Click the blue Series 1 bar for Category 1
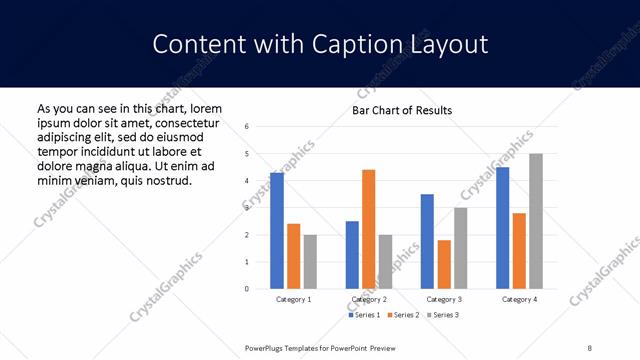[x=277, y=231]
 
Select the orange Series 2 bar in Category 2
[x=368, y=229]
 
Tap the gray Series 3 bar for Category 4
[x=536, y=221]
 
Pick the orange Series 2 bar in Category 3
[x=444, y=264]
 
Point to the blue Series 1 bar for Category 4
[x=502, y=228]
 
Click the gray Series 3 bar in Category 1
[x=311, y=262]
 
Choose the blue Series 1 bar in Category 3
[x=427, y=241]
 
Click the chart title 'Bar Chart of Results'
[x=402, y=110]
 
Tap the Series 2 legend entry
[x=402, y=315]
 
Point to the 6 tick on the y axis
[x=247, y=127]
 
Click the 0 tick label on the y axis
[x=247, y=289]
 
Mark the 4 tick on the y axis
[x=247, y=181]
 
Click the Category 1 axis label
[x=294, y=299]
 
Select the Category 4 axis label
[x=519, y=299]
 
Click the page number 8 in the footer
[x=590, y=347]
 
